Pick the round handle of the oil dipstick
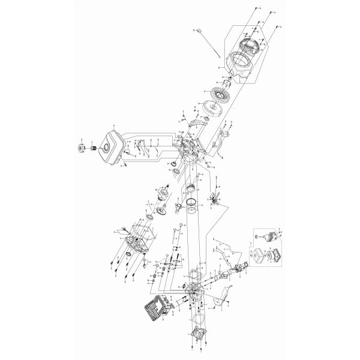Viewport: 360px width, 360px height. [197, 29]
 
